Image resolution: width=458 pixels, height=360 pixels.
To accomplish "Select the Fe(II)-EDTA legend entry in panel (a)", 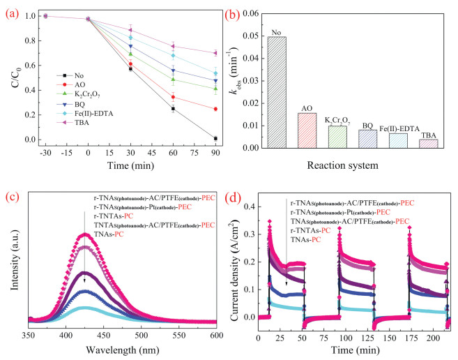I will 77,111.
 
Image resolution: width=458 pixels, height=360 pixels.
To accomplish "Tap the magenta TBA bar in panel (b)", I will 428,143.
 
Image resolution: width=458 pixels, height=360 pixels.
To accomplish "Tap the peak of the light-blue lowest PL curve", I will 84,307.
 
